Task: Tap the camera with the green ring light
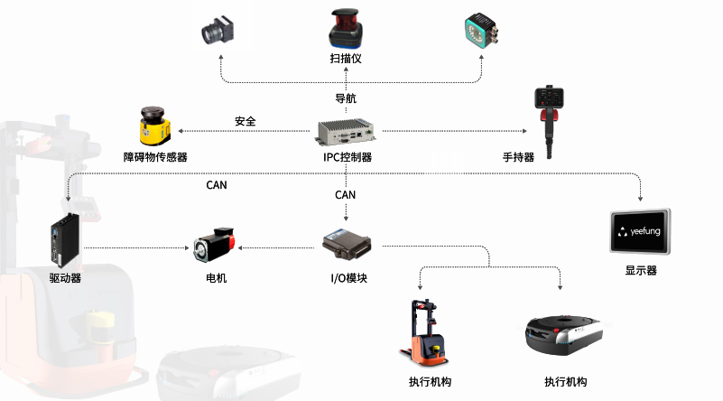(477, 31)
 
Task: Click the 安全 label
(245, 121)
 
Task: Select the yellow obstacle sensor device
(155, 127)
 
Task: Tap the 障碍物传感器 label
(155, 156)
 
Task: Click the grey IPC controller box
(347, 132)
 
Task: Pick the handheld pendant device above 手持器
(546, 113)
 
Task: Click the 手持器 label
(518, 156)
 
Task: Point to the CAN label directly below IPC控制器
(346, 194)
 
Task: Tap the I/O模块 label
(347, 277)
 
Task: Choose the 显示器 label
(641, 269)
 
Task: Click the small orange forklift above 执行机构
(424, 330)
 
